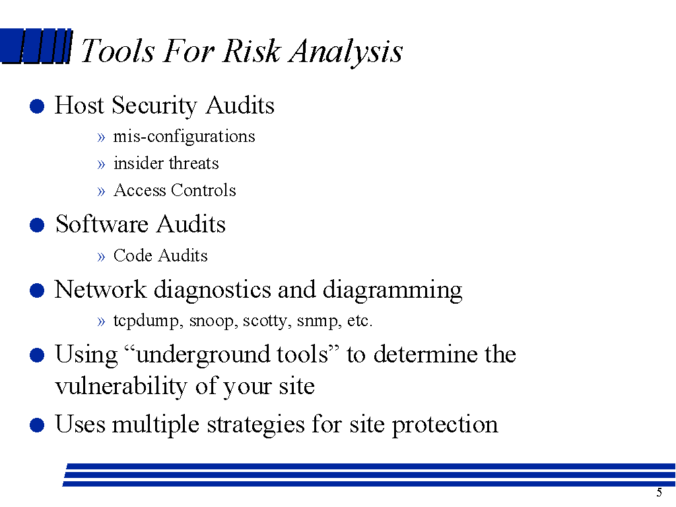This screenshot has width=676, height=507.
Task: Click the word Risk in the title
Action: (x=252, y=51)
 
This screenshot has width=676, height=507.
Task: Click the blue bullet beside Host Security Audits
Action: (x=37, y=106)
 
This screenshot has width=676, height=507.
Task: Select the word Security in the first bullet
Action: (x=154, y=106)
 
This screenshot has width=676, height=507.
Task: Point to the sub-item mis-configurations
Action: (x=184, y=137)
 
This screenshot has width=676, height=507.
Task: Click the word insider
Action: (x=139, y=164)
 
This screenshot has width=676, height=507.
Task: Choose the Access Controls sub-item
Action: (x=174, y=190)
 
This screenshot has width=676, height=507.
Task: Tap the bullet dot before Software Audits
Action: (x=37, y=224)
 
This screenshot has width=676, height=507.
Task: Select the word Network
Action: (x=100, y=289)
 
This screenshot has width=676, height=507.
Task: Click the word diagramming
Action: (x=392, y=290)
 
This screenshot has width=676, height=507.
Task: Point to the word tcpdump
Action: (x=147, y=321)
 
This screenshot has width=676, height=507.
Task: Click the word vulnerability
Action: (x=121, y=386)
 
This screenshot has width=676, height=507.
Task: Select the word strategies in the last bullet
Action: (x=256, y=425)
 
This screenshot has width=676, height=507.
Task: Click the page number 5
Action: (x=659, y=492)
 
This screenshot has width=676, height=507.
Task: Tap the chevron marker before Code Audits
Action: (x=101, y=257)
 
